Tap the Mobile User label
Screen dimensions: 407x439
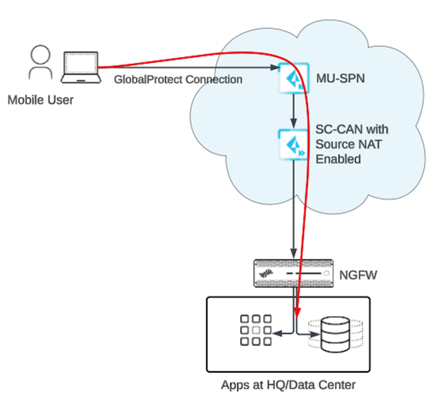point(40,100)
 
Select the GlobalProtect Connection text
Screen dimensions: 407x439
point(177,80)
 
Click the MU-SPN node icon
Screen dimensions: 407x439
point(293,80)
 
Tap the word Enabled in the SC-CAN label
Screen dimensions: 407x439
point(338,159)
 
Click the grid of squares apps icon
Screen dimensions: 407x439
point(256,330)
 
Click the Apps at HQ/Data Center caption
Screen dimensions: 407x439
point(288,384)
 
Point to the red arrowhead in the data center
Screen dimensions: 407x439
point(297,309)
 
